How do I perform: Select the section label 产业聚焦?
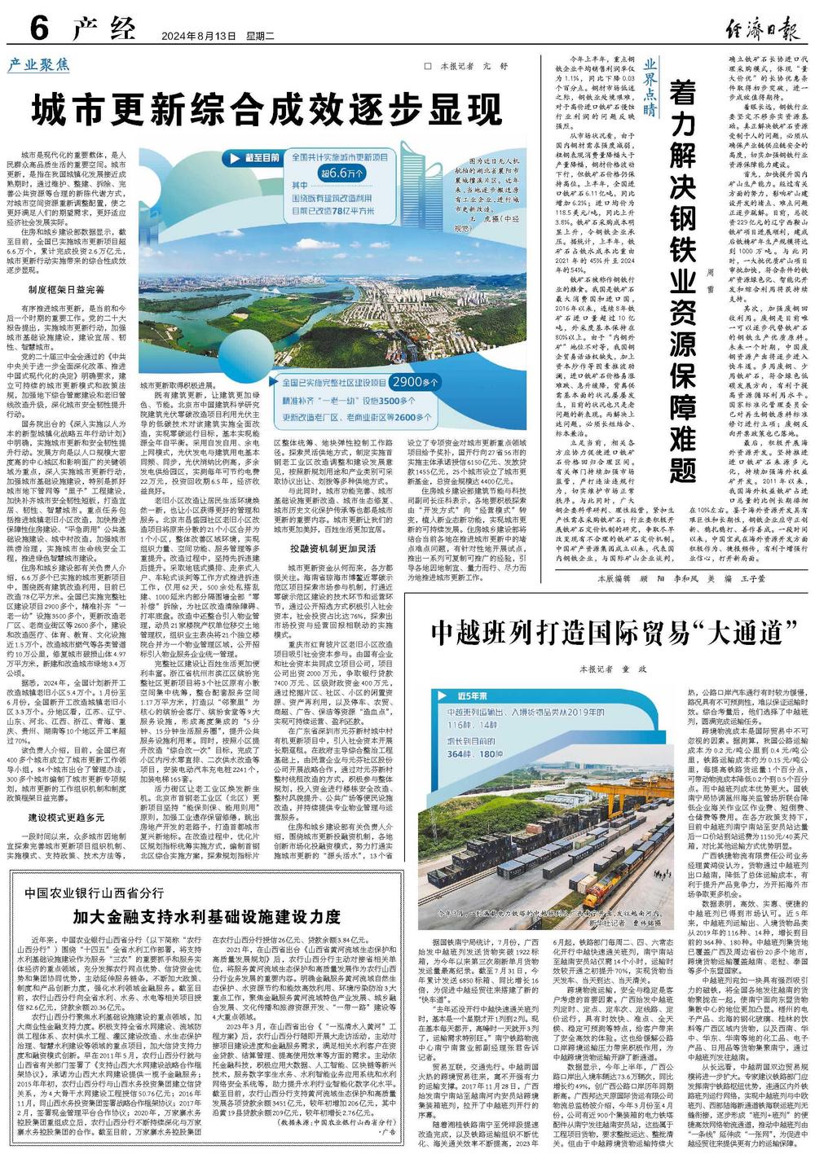click(x=39, y=64)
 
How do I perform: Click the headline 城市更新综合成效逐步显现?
click(x=267, y=110)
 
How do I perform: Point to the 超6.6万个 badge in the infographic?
click(x=341, y=173)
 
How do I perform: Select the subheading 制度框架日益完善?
click(x=66, y=289)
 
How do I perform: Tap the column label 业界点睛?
click(x=650, y=88)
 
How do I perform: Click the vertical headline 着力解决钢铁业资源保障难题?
click(x=682, y=277)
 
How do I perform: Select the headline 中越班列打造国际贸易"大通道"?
click(x=613, y=631)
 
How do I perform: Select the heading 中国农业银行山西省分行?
click(x=94, y=893)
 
